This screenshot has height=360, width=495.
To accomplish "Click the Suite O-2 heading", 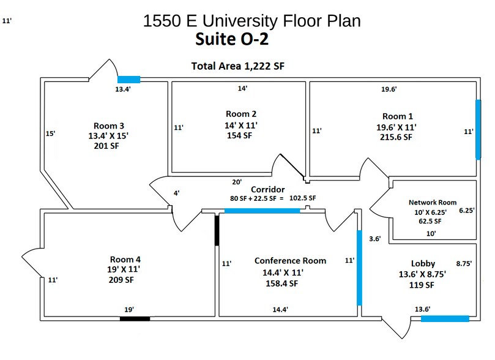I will coord(232,40).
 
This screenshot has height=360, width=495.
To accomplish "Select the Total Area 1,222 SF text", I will coord(238,66).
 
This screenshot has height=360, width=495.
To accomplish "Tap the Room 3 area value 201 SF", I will coord(105,147).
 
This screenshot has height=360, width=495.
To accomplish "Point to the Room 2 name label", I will coord(241,114).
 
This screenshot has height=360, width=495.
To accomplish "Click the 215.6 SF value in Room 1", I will coord(396,138).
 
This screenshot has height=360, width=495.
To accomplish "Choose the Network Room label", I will coord(433,202).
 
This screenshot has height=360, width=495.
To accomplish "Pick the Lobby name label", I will coord(423,263).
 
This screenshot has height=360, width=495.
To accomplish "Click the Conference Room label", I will coord(290,261).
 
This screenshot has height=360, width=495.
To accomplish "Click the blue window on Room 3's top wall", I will coord(128,79).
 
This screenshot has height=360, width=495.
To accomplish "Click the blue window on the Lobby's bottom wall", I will coord(445,318).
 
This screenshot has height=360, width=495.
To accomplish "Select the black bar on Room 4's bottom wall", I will coord(135,318).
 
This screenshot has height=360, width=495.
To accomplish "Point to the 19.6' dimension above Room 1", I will coord(389,89).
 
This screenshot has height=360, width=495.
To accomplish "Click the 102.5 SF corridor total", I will coord(303,198).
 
